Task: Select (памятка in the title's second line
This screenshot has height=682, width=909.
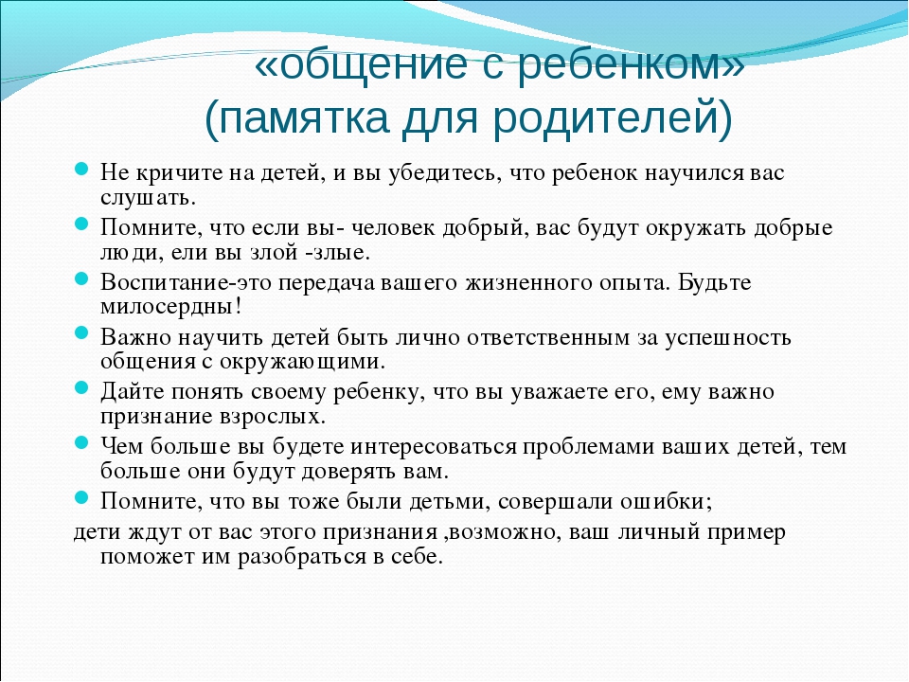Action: [x=296, y=119]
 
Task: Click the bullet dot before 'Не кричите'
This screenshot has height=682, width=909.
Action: [x=81, y=170]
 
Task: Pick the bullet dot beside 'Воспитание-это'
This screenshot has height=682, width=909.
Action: [x=81, y=278]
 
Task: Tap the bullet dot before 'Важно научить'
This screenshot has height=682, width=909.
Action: [x=81, y=332]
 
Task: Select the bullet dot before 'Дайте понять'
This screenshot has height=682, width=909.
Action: [x=81, y=387]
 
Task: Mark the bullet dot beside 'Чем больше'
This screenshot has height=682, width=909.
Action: [x=81, y=442]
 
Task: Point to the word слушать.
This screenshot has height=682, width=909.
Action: [x=149, y=198]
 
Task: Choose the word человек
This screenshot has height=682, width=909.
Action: [x=393, y=228]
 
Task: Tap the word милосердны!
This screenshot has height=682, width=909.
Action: [x=171, y=307]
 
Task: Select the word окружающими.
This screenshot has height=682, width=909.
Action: [x=301, y=362]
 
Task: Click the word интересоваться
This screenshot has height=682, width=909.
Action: [x=433, y=447]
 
